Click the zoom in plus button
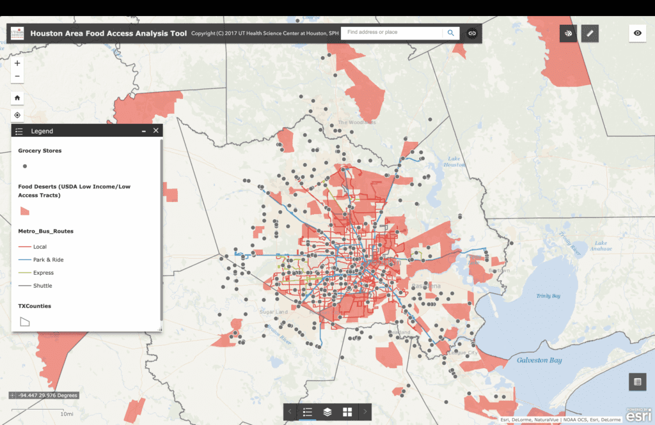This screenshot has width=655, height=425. [x=17, y=63]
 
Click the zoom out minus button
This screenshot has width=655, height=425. [x=17, y=77]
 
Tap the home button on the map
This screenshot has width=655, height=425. [x=17, y=98]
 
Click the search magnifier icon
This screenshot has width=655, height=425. [x=451, y=33]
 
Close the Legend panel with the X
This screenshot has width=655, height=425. [x=156, y=130]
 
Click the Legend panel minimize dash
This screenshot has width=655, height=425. [x=144, y=130]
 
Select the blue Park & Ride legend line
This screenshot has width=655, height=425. [x=24, y=260]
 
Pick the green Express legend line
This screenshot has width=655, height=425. [x=24, y=273]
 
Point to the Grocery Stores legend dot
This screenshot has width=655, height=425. [x=25, y=166]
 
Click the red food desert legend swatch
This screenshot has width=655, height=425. [x=25, y=211]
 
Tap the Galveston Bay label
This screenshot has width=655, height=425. [x=539, y=360]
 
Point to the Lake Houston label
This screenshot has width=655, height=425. [x=454, y=162]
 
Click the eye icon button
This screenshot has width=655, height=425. [x=637, y=33]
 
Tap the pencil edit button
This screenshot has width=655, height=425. [x=590, y=33]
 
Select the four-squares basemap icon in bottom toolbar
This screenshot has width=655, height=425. [x=347, y=412]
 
